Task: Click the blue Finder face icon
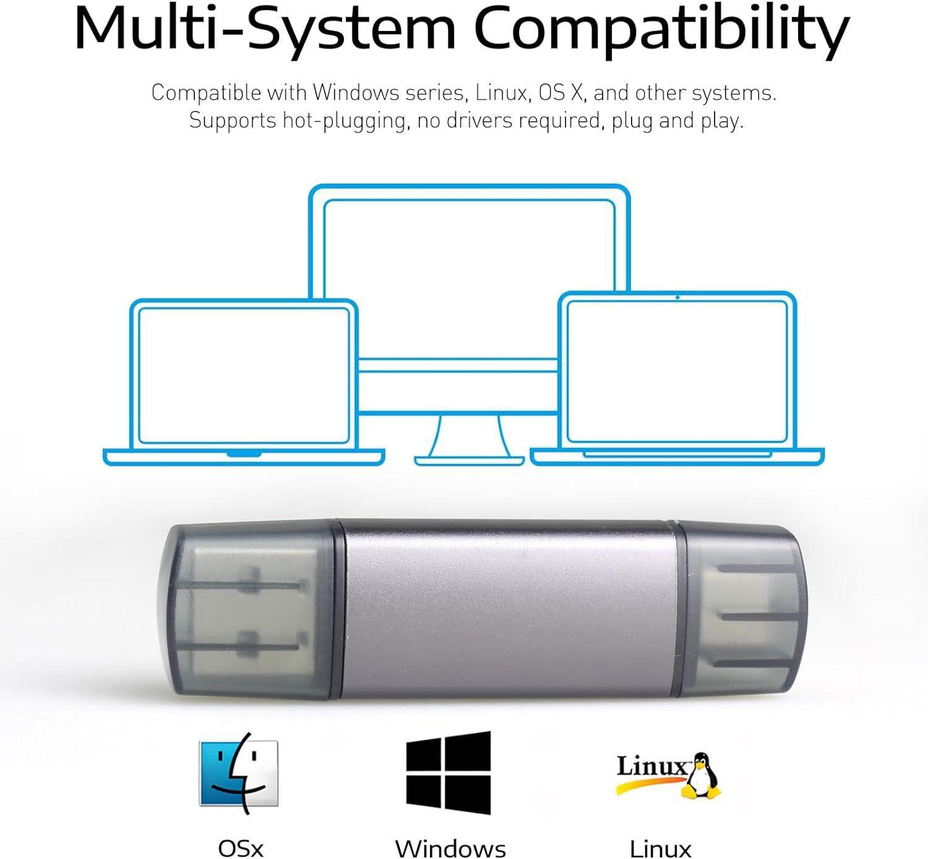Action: (238, 774)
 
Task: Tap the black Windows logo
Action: (449, 773)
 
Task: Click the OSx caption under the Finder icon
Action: (241, 847)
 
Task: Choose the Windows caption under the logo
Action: (450, 847)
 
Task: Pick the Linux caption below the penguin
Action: (660, 847)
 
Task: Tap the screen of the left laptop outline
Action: (244, 374)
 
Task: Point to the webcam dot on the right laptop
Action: (677, 298)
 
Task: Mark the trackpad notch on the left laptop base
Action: (244, 454)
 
